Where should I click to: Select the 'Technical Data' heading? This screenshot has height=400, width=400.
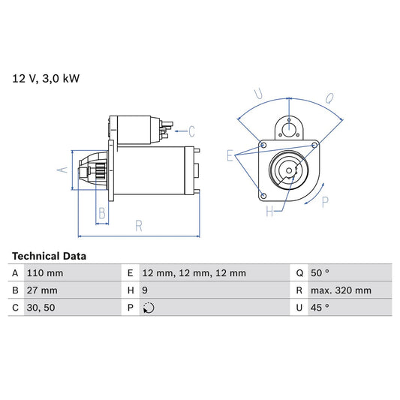49,256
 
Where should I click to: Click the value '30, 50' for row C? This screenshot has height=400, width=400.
39,308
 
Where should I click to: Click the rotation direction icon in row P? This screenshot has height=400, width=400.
148,308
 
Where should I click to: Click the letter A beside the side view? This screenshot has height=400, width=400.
63,170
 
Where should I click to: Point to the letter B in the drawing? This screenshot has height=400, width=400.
102,214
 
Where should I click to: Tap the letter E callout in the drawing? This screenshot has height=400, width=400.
230,156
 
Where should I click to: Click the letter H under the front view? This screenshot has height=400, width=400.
269,212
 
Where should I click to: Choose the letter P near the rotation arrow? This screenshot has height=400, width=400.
324,201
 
